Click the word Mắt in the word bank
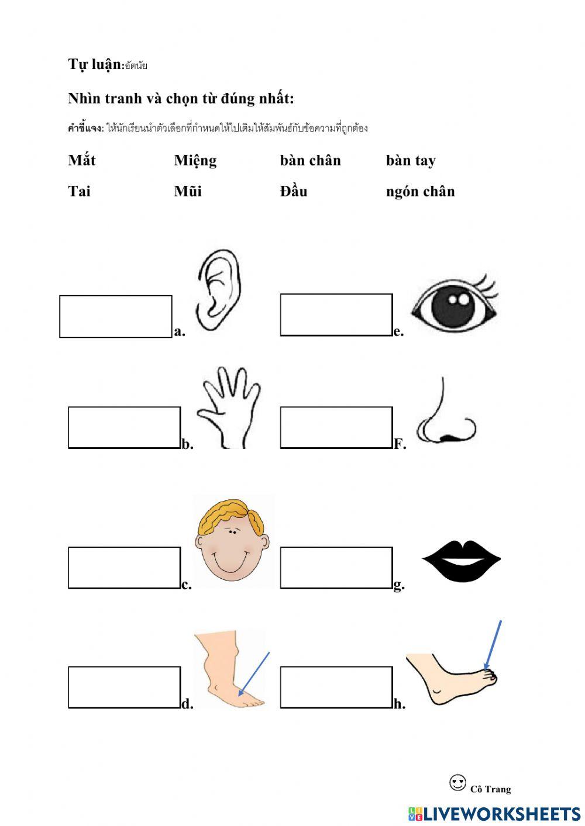pos(81,160)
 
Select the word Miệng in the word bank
pos(195,161)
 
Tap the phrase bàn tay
pos(411,161)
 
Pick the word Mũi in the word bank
pos(188,191)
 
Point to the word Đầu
pos(294,191)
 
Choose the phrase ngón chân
pos(421,192)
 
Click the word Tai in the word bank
pos(80,191)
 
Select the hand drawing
pos(229,407)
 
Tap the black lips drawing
pos(462,561)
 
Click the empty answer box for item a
pos(116,316)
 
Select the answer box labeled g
pos(336,568)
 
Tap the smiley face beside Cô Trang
pos(457,783)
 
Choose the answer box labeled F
pos(336,427)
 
